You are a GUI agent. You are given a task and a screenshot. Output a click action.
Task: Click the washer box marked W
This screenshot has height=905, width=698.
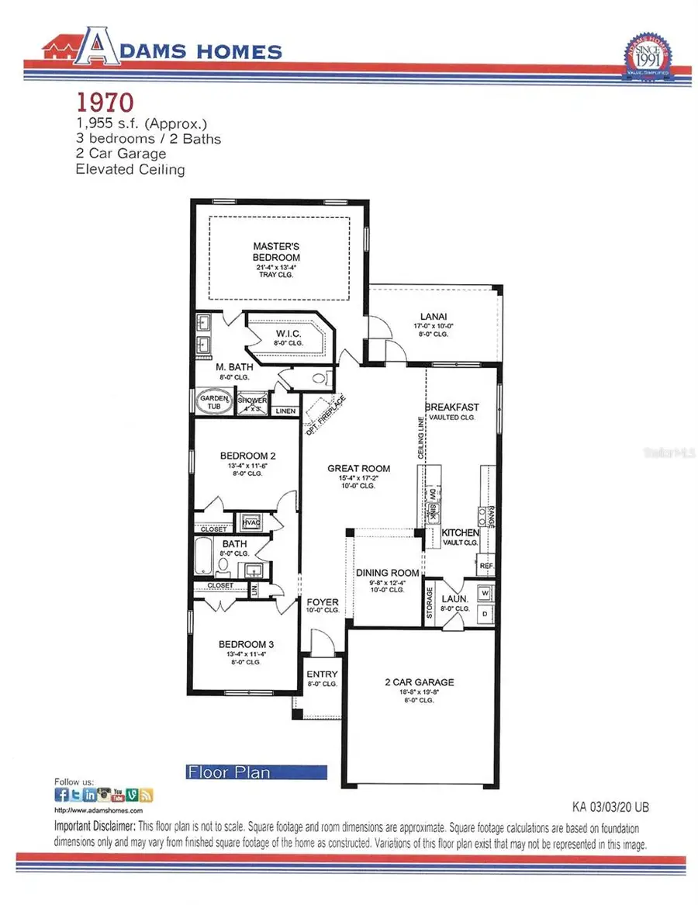coord(486,592)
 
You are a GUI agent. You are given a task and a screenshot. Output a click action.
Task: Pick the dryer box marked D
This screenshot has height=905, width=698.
coord(486,613)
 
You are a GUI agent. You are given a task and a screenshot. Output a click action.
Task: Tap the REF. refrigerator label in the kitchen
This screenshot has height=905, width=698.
coord(486,567)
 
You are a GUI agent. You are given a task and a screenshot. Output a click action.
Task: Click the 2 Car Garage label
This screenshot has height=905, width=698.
coord(420,682)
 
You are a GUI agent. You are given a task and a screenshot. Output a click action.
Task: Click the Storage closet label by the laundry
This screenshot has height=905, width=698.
coord(430,603)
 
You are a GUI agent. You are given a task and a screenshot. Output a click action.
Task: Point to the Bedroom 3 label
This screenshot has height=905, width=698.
coord(247,644)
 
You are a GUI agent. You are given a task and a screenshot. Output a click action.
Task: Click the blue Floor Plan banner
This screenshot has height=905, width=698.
coord(256,772)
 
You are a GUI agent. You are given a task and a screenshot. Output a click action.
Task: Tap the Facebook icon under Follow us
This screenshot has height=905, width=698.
coord(61,795)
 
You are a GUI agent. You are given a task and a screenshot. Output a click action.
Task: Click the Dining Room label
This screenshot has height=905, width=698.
coord(387,574)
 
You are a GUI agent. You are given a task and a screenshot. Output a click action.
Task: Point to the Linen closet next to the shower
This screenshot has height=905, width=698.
coord(285,411)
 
